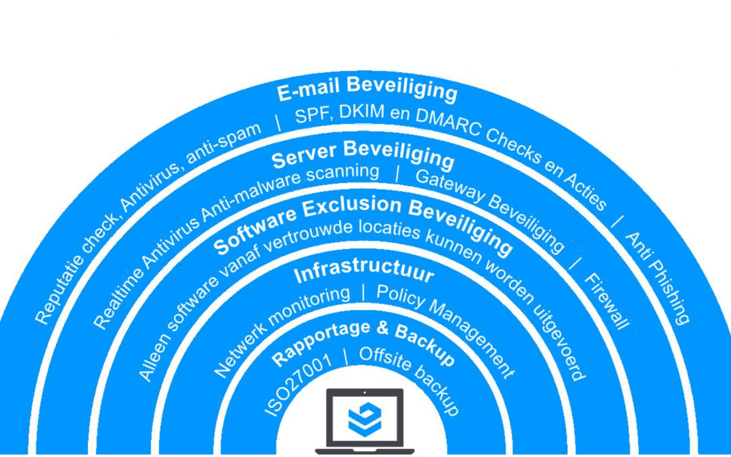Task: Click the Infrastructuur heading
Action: pyautogui.click(x=363, y=272)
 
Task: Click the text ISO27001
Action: pyautogui.click(x=298, y=385)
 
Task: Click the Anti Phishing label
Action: pyautogui.click(x=657, y=278)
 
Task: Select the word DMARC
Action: pyautogui.click(x=447, y=126)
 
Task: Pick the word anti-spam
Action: pyautogui.click(x=223, y=143)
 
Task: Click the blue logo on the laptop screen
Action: pyautogui.click(x=365, y=420)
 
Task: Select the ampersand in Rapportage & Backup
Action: pyautogui.click(x=382, y=328)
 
